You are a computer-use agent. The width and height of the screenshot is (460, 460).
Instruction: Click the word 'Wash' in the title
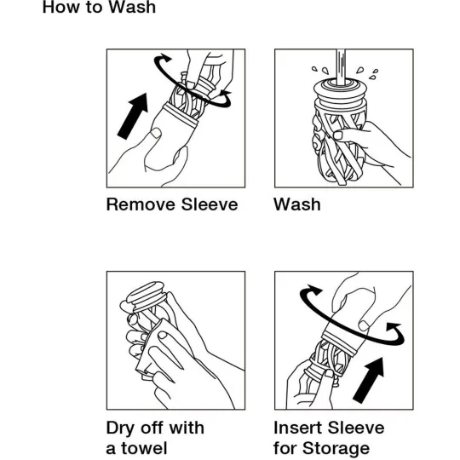(132, 7)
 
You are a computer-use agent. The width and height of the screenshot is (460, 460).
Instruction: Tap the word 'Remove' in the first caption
(141, 204)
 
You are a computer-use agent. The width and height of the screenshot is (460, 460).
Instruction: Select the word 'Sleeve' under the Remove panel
(210, 204)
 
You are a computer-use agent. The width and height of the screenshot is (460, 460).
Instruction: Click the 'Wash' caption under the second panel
(297, 204)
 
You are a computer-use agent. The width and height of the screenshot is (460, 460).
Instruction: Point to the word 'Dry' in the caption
(120, 428)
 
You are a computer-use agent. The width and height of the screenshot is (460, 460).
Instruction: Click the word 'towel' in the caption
(144, 448)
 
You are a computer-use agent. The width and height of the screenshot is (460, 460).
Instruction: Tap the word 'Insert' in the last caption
(298, 428)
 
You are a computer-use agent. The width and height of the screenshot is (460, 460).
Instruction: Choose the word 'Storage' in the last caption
(336, 449)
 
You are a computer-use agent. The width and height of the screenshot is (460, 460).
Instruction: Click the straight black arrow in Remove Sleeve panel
(132, 117)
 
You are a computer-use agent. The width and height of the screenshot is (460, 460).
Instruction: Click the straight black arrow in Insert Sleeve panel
(369, 380)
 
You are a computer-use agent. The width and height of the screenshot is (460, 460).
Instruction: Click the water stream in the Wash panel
(341, 67)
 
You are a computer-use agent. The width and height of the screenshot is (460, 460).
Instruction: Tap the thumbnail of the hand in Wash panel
(338, 135)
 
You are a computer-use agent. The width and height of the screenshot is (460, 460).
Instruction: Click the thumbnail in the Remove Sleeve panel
(156, 133)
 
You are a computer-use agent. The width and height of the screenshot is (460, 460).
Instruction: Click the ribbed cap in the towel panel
(146, 295)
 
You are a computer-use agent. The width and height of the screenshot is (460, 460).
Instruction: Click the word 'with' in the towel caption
(187, 428)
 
